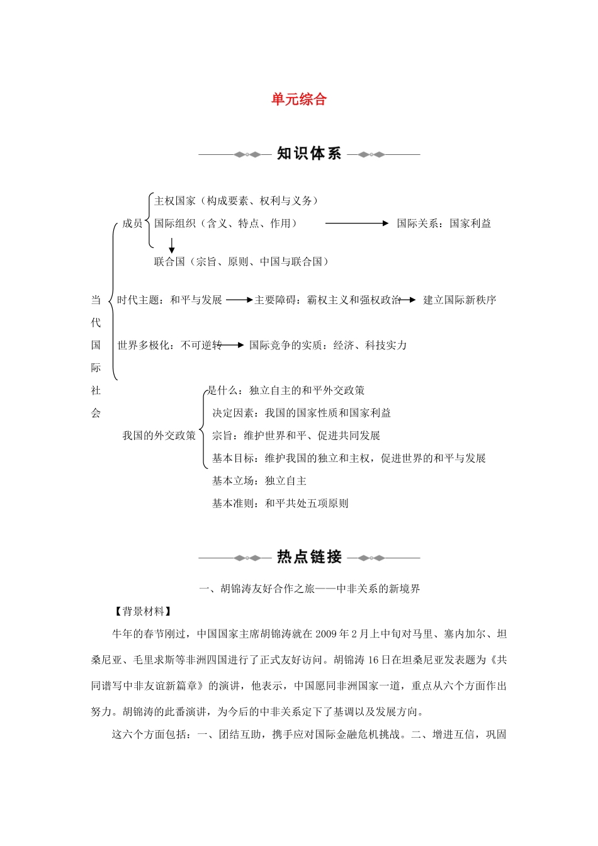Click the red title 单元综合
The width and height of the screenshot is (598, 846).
[x=299, y=99]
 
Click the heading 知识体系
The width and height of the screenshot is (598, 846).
[x=309, y=154]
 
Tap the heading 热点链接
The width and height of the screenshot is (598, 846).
[x=309, y=557]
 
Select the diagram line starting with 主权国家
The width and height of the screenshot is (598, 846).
[x=237, y=201]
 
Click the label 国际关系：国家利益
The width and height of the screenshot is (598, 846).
[x=444, y=223]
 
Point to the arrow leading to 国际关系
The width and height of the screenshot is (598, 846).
[x=357, y=223]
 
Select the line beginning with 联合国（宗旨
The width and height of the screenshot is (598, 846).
[x=242, y=262]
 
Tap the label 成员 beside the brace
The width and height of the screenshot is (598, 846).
[x=132, y=223]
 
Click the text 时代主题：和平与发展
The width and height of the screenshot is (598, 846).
[x=169, y=300]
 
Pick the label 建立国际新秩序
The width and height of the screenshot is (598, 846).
[x=460, y=300]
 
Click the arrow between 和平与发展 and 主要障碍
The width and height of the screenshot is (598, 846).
[x=239, y=300]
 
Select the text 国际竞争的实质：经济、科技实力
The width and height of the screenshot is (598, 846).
[x=328, y=345]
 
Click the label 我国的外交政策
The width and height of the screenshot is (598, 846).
[x=159, y=436]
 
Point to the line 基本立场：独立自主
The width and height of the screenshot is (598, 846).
[x=259, y=481]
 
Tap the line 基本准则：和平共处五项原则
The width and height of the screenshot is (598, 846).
[x=280, y=504]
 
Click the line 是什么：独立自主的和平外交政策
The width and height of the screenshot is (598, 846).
[x=286, y=390]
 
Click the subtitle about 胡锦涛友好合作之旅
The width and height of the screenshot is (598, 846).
[x=309, y=589]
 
